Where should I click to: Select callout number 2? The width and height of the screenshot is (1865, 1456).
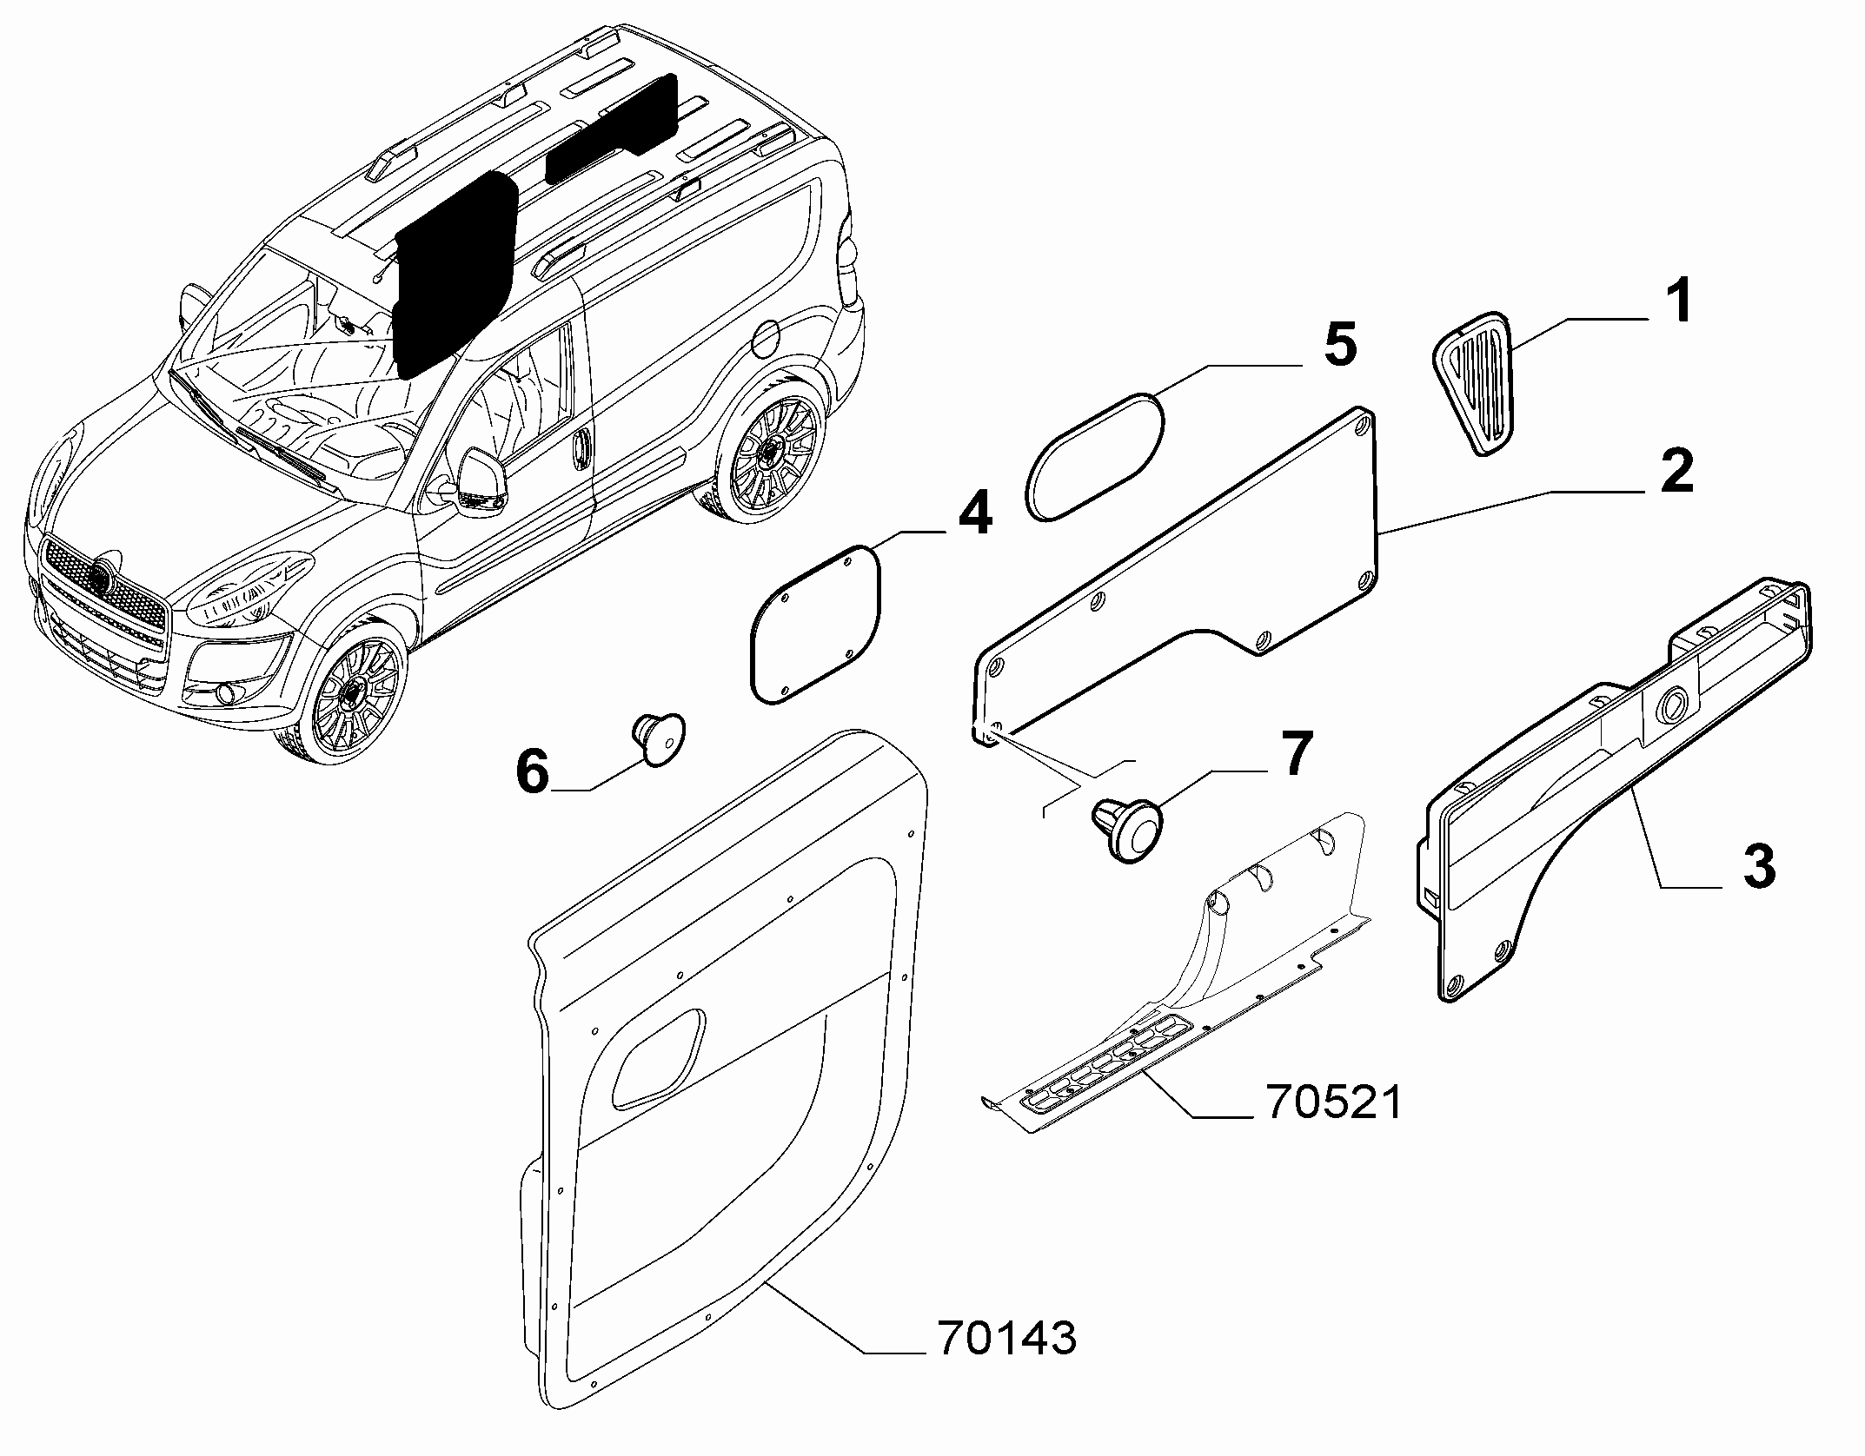(x=1676, y=472)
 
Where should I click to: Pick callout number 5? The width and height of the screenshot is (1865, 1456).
(x=1339, y=344)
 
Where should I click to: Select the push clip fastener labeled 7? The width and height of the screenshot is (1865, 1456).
(x=1125, y=830)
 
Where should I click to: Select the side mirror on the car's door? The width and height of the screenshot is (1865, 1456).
(x=478, y=483)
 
